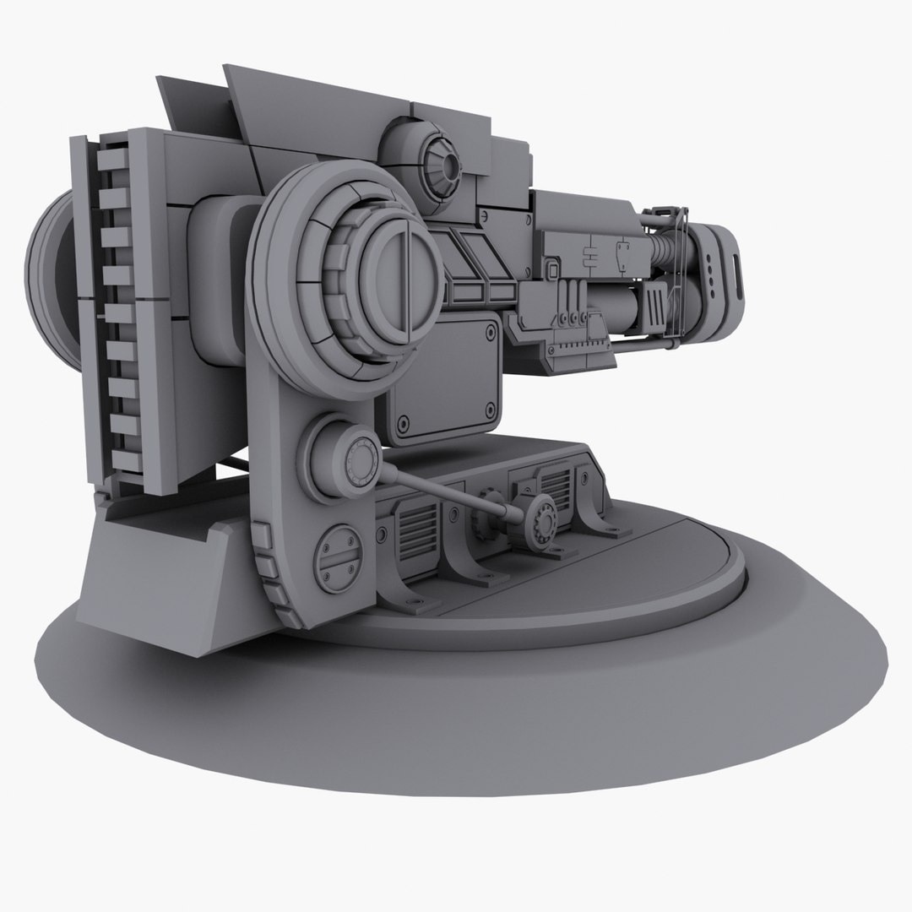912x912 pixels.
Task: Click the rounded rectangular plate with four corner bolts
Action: [441, 381]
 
